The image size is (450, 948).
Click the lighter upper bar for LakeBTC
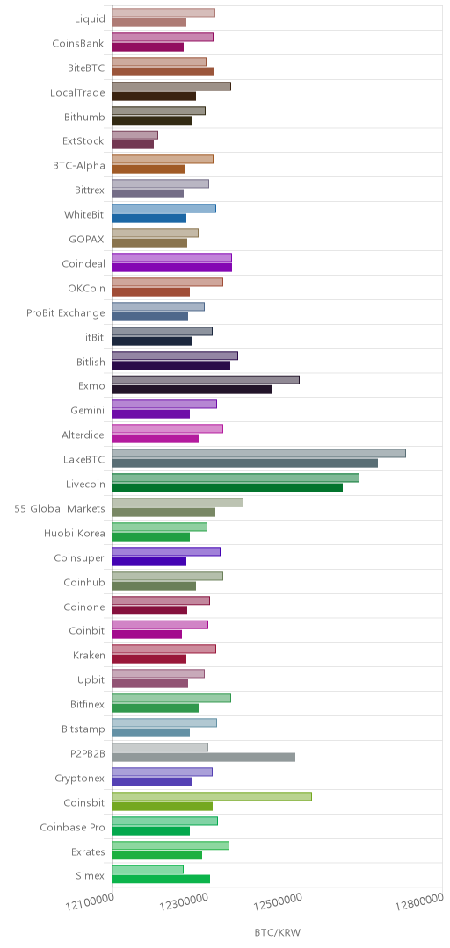tap(259, 454)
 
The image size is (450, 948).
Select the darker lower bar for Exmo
tap(192, 390)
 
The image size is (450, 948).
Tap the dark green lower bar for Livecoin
tap(228, 487)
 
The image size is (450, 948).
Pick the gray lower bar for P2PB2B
tap(204, 757)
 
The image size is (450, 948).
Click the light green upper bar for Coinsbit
tap(212, 796)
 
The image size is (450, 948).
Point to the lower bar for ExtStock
tap(134, 145)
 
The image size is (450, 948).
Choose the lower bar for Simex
tap(161, 879)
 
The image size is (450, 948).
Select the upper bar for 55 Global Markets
tap(178, 502)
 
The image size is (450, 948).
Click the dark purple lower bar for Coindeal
tap(172, 267)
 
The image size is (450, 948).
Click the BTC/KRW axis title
tap(277, 932)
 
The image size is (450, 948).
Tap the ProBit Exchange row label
tap(65, 313)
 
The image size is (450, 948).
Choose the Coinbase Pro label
tap(73, 827)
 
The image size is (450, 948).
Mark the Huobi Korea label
tap(75, 534)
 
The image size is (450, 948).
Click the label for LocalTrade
tap(77, 92)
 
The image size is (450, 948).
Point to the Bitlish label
tap(91, 363)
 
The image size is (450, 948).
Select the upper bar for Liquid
tap(163, 12)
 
